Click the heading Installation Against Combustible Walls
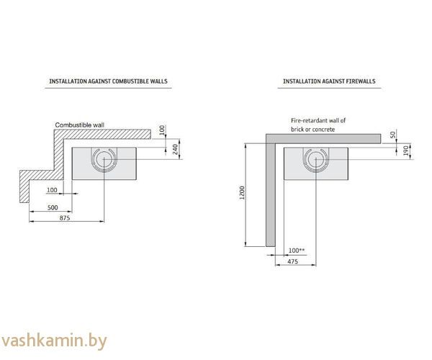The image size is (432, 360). point(108,81)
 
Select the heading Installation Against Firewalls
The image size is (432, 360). point(329,81)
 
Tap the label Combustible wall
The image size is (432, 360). point(80,125)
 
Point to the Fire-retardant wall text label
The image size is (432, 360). point(318,125)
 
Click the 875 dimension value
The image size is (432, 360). point(65,218)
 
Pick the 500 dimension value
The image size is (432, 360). point(53,207)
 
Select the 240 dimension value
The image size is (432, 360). point(176,149)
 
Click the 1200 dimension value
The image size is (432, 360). point(242,192)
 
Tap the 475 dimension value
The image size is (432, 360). point(292,261)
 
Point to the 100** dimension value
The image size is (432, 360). point(297,251)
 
